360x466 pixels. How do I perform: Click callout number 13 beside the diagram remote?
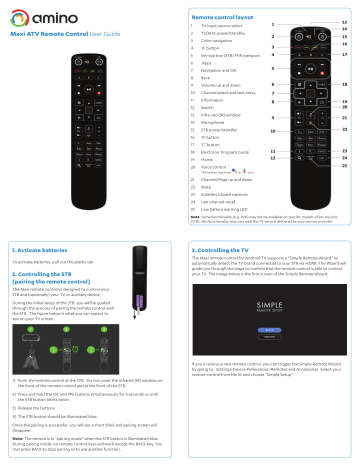pos(344,21)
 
